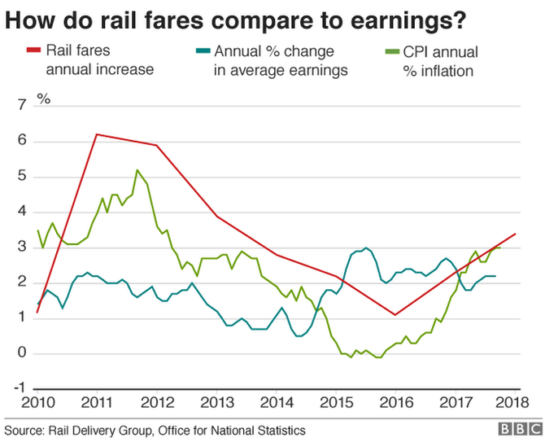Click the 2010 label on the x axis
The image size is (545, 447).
(x=37, y=402)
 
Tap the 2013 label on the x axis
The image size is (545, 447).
(x=216, y=402)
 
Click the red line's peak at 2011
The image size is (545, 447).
(x=97, y=134)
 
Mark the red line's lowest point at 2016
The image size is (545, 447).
(x=395, y=314)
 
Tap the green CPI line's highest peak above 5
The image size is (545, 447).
(x=137, y=169)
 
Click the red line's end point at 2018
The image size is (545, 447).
(x=516, y=234)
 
